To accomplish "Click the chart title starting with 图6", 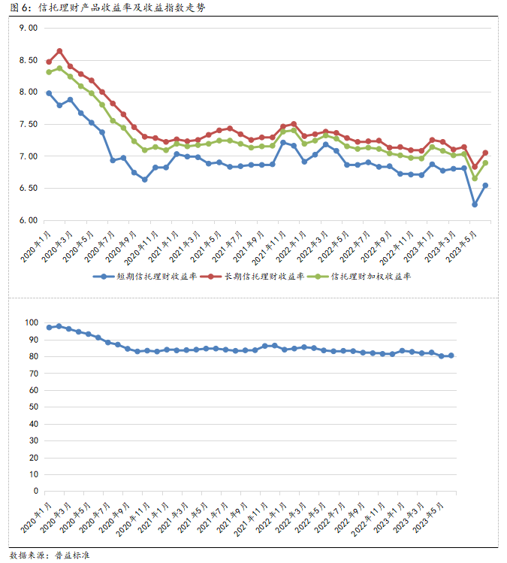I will point(105,8).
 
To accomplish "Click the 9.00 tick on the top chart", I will point(28,28).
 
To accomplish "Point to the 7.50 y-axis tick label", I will point(28,124).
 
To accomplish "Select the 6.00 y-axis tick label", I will point(28,220).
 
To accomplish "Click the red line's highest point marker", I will point(59,51).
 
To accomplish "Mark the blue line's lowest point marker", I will point(474,204).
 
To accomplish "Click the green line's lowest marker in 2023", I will point(474,178).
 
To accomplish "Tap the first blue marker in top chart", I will point(49,93).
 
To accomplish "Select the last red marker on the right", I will point(485,153).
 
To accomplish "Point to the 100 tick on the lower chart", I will point(31,322).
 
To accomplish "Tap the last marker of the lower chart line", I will point(451,356).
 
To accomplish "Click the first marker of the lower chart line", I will point(49,327).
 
